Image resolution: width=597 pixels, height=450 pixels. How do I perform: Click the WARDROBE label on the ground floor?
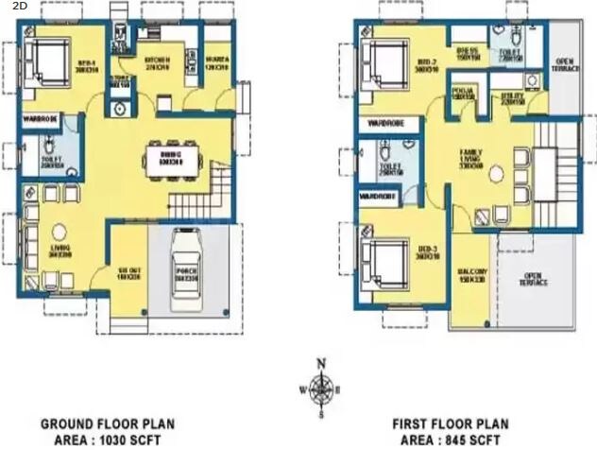point(42,119)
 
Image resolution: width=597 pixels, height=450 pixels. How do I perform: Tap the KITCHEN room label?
point(157,63)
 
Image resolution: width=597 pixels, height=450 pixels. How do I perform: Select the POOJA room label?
point(462,94)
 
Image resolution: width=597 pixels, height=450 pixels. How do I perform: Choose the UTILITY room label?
point(513,97)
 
